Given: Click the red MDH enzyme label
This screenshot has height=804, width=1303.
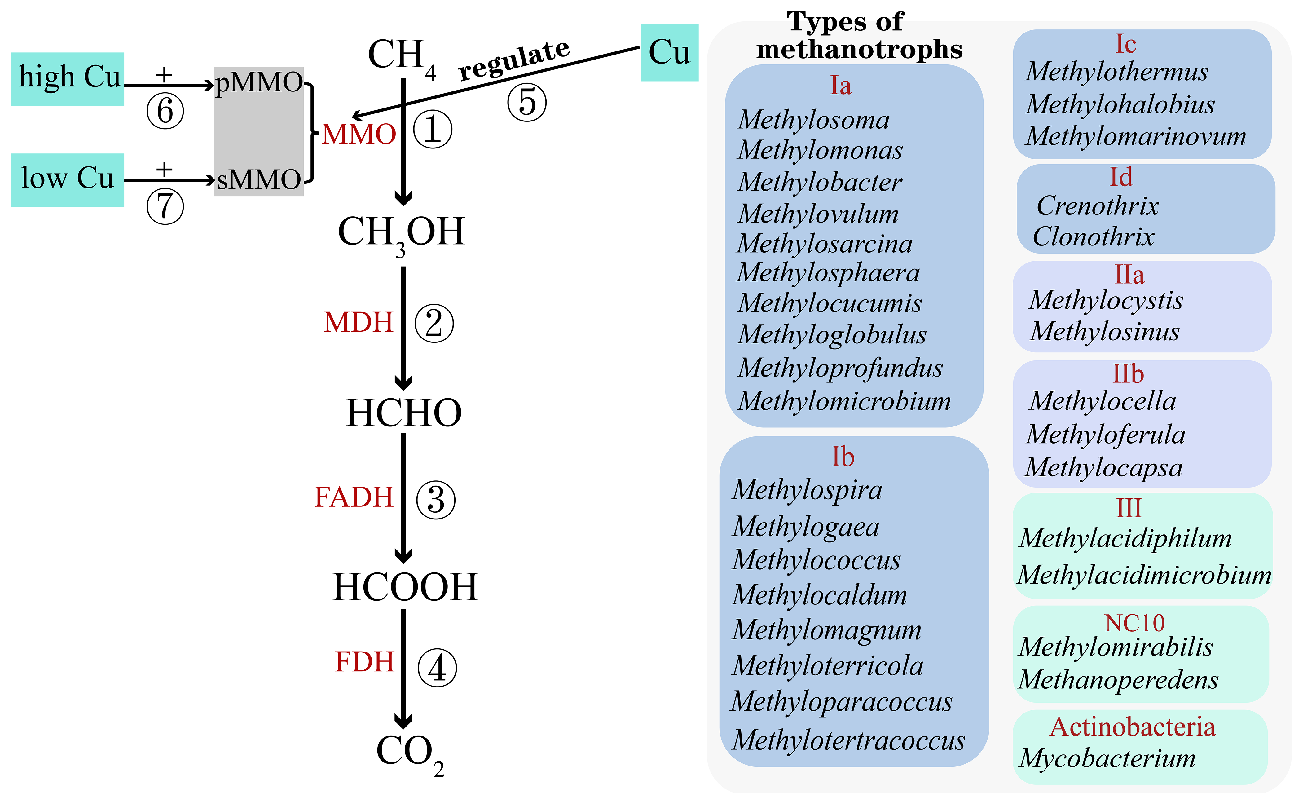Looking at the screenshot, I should (x=358, y=322).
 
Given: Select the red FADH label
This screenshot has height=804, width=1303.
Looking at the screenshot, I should (x=354, y=497).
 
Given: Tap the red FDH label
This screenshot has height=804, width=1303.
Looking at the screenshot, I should (x=364, y=662).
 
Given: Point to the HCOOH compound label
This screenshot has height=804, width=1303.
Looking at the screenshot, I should (x=405, y=587).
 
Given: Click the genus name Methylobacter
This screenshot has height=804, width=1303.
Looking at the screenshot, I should (x=820, y=182).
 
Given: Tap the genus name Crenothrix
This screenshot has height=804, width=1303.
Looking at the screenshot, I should (x=1097, y=206).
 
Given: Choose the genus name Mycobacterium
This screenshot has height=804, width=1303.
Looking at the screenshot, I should (x=1107, y=758).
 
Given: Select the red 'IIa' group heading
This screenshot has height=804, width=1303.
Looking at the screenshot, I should (x=1129, y=275).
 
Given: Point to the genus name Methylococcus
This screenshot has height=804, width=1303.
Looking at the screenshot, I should (x=816, y=560).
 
